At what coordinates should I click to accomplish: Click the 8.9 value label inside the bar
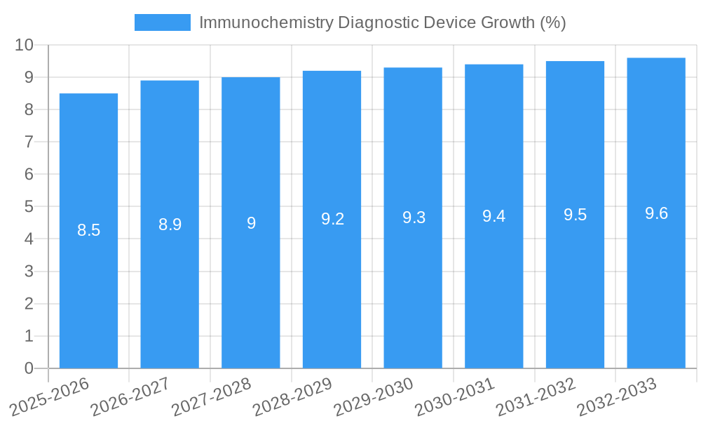[x=170, y=225]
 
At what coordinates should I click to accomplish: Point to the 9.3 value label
[x=414, y=218]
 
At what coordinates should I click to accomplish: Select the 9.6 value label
[x=656, y=213]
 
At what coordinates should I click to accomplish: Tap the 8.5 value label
[x=88, y=230]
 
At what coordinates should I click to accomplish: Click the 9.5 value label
[x=575, y=215]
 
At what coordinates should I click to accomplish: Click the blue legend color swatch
[x=162, y=22]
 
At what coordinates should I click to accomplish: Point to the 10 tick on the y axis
[x=25, y=45]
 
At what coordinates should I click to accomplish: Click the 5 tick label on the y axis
[x=29, y=207]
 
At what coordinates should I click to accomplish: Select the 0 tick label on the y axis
[x=29, y=368]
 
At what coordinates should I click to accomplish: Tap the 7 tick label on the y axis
[x=29, y=142]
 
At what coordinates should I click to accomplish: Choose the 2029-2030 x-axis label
[x=374, y=397]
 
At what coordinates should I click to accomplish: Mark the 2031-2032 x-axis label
[x=536, y=397]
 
